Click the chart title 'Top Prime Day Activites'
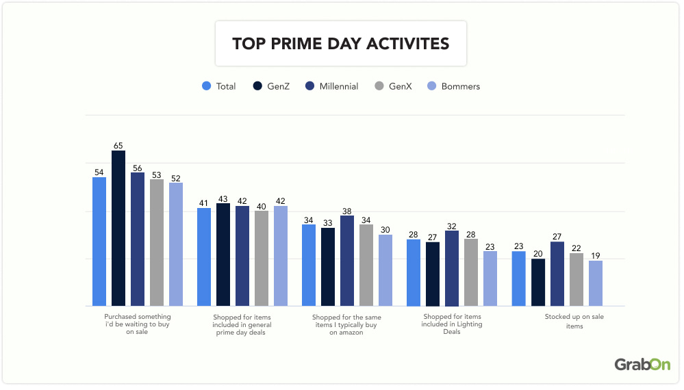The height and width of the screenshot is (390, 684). point(340,44)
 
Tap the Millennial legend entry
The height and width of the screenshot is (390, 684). point(331,86)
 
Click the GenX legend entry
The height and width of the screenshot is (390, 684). point(393,86)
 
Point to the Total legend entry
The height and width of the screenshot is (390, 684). point(218,86)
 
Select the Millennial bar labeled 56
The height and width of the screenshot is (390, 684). point(138,239)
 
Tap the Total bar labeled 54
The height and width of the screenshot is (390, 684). point(99,241)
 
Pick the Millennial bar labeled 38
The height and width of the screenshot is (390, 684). point(347,261)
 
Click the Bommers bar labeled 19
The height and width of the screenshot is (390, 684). point(596,283)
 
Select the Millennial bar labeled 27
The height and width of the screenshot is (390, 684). point(557,274)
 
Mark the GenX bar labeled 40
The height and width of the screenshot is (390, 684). point(262,258)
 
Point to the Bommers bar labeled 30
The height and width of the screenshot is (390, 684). point(385,270)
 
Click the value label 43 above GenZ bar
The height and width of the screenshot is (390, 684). point(223,198)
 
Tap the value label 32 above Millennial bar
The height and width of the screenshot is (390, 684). point(452,226)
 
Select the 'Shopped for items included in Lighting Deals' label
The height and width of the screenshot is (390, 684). point(452,324)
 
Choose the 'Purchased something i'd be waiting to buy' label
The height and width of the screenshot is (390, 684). point(138,324)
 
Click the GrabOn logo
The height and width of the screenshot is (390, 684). point(642,365)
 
